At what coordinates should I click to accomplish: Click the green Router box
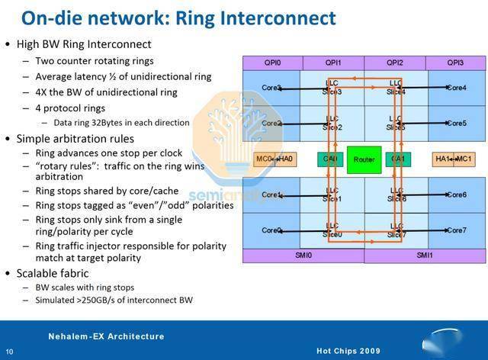364,159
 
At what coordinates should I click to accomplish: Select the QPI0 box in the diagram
272,63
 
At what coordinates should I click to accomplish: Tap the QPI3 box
455,63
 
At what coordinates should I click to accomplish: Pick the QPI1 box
333,63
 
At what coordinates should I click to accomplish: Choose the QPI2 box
394,63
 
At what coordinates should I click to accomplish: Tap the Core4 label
457,88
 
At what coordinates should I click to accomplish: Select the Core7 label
457,230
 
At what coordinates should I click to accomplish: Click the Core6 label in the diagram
457,194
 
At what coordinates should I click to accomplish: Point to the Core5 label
457,123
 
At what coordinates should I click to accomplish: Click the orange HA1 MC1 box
453,159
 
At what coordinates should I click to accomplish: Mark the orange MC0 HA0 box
274,159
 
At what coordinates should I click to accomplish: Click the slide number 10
8,352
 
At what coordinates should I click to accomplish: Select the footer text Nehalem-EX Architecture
106,336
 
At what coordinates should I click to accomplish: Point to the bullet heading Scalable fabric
53,272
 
